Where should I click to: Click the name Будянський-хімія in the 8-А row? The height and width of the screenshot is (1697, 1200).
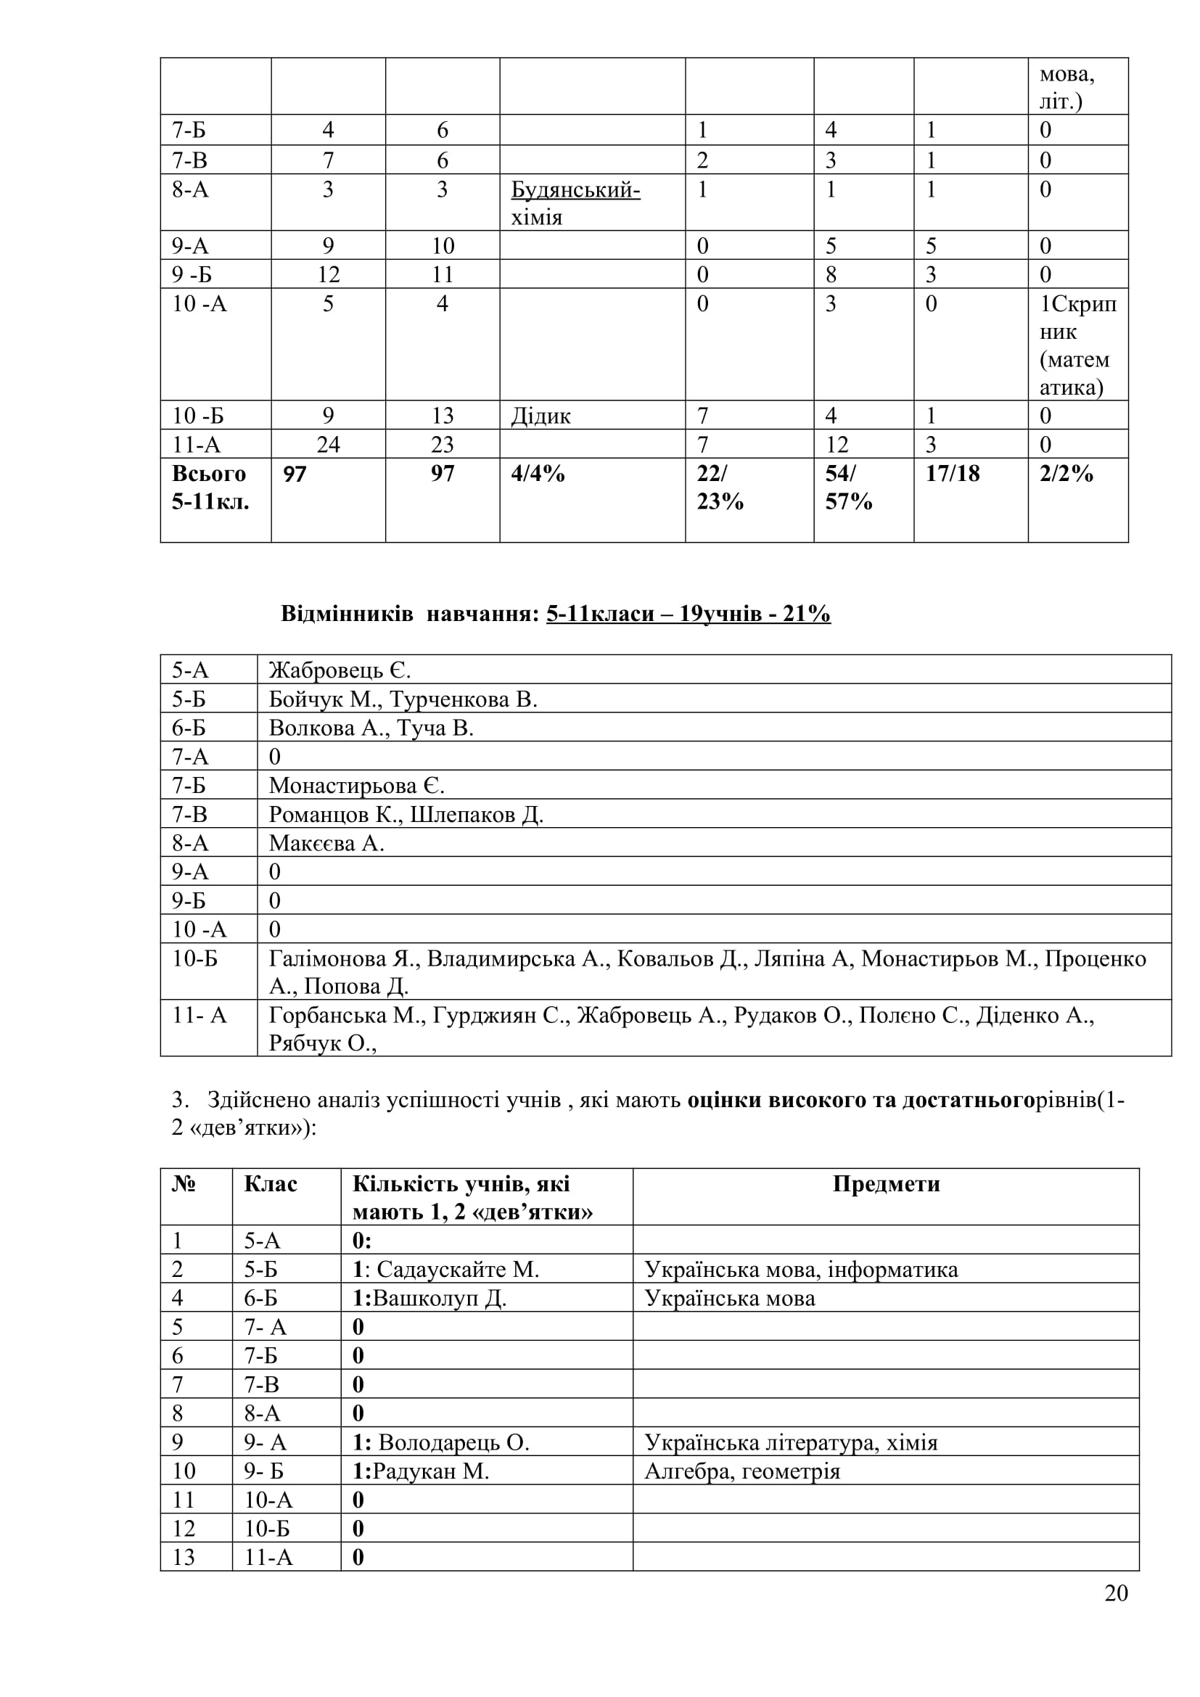point(575,203)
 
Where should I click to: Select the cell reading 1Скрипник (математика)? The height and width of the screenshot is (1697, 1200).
point(1077,345)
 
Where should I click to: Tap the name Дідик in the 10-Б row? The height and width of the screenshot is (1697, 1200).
point(541,416)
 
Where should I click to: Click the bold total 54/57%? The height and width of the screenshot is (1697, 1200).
point(848,487)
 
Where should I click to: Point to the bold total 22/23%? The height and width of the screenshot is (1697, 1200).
point(720,487)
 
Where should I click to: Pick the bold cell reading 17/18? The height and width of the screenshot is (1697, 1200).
point(952,474)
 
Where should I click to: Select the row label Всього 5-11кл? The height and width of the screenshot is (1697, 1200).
point(210,487)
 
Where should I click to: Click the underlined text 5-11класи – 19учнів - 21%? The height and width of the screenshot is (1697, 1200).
point(688,615)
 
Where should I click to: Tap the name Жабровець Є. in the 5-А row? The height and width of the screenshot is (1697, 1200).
point(340,670)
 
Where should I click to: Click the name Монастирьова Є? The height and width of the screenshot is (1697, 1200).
point(356,786)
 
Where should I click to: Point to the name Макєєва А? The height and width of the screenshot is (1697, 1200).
point(326,843)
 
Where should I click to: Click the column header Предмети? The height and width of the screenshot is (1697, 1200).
point(885,1184)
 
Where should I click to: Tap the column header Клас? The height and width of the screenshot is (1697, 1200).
point(271,1184)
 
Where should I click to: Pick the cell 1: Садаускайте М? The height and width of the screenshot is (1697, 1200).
point(445,1270)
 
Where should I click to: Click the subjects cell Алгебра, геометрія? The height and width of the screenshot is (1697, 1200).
point(742,1471)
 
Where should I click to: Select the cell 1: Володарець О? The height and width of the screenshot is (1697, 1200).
point(440,1443)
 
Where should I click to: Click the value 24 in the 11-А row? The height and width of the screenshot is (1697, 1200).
point(328,445)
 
